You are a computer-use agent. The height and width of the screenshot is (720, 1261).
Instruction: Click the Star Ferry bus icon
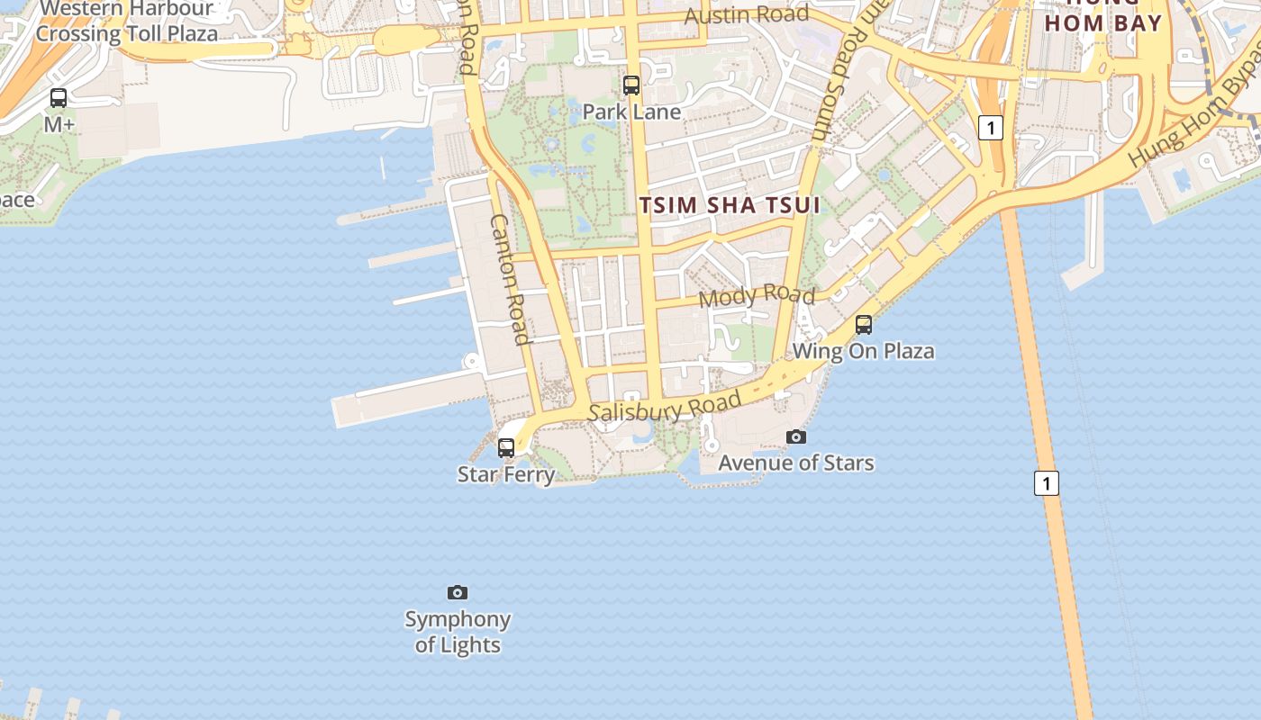coord(506,447)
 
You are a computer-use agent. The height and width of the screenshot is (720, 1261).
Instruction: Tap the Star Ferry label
coord(506,474)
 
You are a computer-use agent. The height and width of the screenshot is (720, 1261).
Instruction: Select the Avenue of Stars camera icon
coord(796,436)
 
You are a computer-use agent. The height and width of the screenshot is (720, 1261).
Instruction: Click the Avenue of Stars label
coord(796,463)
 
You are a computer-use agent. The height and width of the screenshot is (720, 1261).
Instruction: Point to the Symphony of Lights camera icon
coord(458,592)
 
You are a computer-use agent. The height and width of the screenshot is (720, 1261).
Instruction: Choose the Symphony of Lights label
coord(458,632)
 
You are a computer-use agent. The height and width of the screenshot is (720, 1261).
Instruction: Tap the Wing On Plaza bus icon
coord(864,325)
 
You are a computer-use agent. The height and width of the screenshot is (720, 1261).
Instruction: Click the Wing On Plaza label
coord(864,351)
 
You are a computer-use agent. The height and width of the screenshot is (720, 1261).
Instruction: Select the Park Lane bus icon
coord(631,85)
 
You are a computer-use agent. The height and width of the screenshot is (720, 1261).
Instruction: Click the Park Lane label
coord(631,112)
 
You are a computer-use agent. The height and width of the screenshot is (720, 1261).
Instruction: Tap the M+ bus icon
coord(59,98)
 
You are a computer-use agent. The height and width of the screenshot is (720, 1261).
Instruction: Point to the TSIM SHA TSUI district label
coord(730,205)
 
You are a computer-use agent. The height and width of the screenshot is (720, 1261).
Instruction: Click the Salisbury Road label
coord(666,407)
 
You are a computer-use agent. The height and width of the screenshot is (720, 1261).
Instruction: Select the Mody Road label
coord(757,295)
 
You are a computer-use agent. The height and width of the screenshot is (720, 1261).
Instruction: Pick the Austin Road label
coord(747,15)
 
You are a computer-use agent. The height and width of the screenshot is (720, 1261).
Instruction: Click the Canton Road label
coord(509,279)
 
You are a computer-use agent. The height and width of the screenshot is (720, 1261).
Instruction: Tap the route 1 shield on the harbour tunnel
coord(1046,483)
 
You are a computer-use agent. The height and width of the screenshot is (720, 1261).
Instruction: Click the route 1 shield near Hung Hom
coord(991,128)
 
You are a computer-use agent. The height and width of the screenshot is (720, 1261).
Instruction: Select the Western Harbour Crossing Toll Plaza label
coord(126,22)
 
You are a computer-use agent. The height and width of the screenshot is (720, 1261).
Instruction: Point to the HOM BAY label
coord(1103,23)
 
